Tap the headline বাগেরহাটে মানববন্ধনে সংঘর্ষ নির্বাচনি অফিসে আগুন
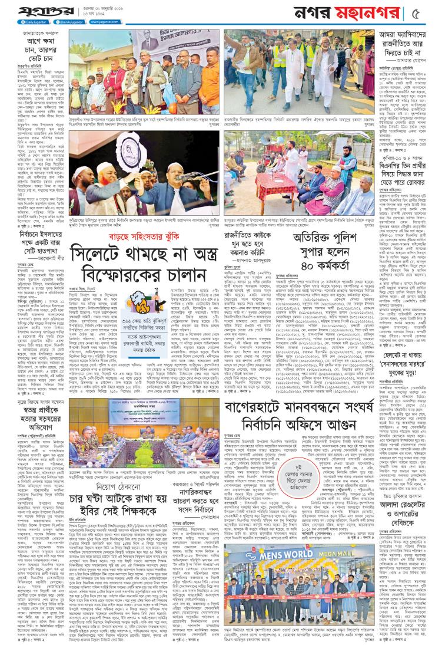[294, 409]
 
